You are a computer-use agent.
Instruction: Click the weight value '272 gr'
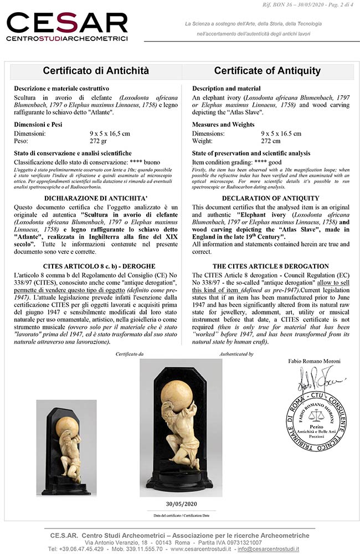[x=99, y=141]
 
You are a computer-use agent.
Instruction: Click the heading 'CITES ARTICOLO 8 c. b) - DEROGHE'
[x=96, y=266]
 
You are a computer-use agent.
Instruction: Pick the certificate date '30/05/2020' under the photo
[x=177, y=504]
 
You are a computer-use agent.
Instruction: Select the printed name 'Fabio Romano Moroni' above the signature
[x=315, y=361]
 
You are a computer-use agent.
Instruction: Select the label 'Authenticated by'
[x=236, y=353]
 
